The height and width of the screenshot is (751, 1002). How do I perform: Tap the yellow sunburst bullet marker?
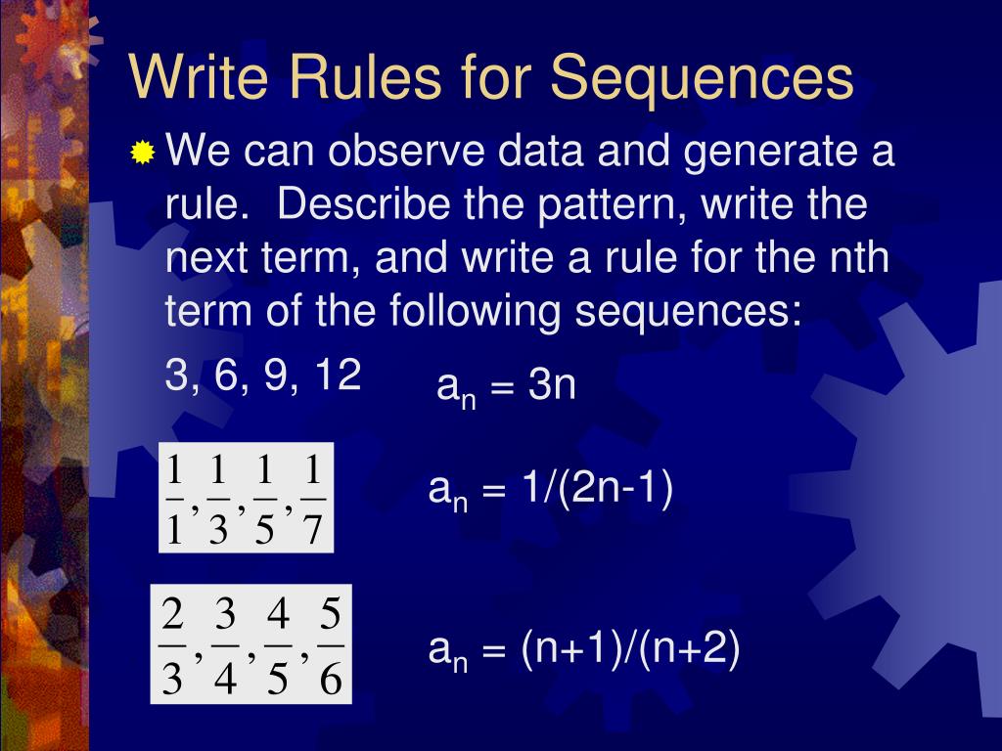point(143,154)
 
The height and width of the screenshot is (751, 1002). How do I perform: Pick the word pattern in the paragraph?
point(600,205)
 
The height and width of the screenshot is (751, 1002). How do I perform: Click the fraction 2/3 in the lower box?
point(173,646)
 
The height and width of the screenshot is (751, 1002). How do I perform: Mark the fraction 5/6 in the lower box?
point(330,646)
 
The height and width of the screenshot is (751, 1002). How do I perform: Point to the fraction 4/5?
point(278,646)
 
